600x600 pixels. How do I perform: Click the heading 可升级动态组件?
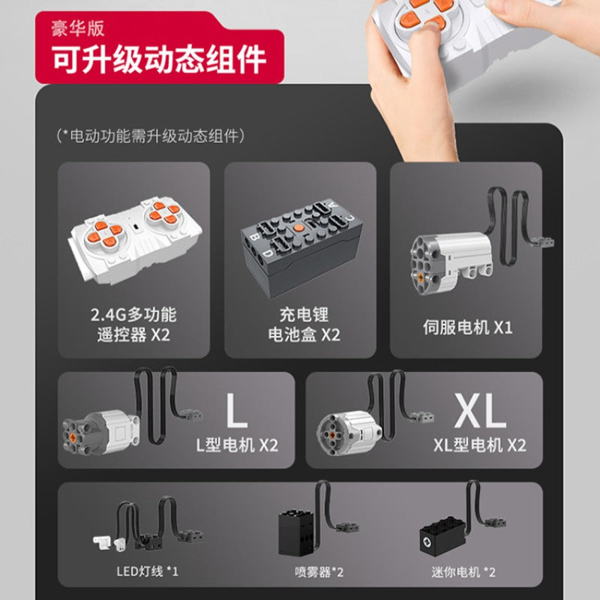(159, 58)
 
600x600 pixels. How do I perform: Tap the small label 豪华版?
(78, 28)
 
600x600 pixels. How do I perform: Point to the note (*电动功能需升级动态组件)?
(151, 136)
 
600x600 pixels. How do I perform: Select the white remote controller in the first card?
(135, 240)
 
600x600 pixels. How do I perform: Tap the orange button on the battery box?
(298, 229)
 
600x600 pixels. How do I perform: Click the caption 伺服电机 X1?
(467, 328)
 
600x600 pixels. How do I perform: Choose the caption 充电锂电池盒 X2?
(304, 325)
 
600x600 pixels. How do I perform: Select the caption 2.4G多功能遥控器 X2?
(133, 325)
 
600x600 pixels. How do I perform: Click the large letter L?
(235, 410)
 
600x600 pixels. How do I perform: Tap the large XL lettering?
(481, 410)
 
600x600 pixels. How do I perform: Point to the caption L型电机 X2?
(237, 445)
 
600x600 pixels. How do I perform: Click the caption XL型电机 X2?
(480, 445)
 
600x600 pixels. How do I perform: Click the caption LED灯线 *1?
(147, 571)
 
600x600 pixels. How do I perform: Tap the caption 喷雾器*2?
(319, 572)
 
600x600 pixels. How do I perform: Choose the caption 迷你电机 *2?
(463, 572)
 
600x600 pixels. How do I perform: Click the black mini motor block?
(443, 535)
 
